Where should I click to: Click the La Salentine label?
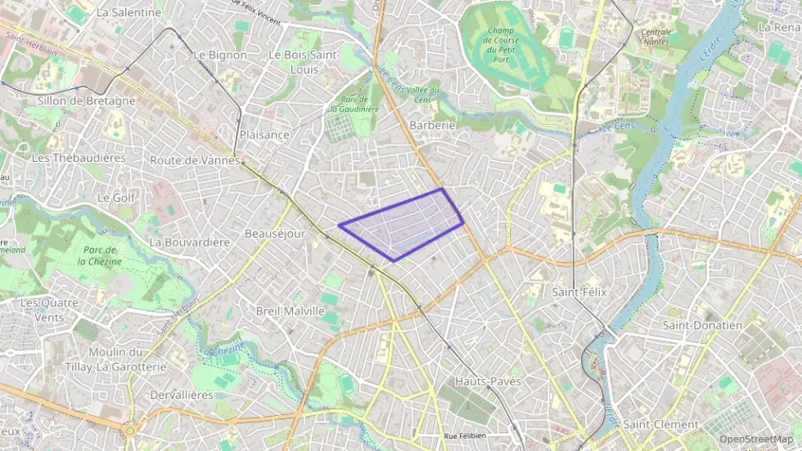click(x=129, y=13)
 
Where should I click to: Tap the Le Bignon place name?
click(x=220, y=55)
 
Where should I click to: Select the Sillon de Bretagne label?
click(x=87, y=101)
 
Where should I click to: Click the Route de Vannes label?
click(x=193, y=160)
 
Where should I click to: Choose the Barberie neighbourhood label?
click(x=433, y=125)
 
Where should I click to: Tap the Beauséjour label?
click(x=274, y=234)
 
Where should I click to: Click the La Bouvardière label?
click(x=190, y=242)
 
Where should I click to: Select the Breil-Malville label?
click(x=290, y=311)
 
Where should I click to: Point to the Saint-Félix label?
click(x=579, y=292)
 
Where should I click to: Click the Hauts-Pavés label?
click(x=488, y=381)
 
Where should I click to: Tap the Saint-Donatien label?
click(x=703, y=325)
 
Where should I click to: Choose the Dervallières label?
click(x=181, y=395)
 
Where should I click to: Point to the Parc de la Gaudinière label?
click(x=354, y=104)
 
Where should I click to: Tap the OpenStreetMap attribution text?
click(x=757, y=439)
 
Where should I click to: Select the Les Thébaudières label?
click(x=78, y=158)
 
